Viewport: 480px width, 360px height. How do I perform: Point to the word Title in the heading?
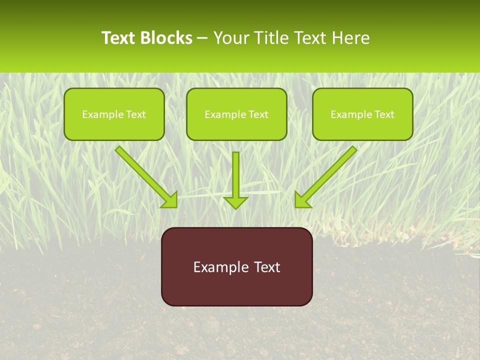click(272, 38)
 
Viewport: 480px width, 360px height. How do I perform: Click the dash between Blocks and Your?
click(203, 38)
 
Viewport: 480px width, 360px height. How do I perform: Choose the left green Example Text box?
click(114, 114)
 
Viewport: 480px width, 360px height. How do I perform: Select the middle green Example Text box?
click(236, 114)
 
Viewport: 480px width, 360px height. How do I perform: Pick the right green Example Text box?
click(362, 114)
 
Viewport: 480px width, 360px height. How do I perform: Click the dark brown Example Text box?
click(236, 266)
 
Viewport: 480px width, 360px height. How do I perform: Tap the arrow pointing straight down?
click(235, 177)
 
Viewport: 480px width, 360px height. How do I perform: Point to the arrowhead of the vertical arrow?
click(235, 202)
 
